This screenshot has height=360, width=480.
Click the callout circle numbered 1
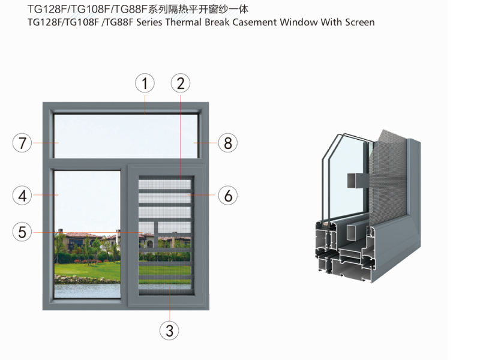click(145, 83)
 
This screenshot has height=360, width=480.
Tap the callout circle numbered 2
click(181, 83)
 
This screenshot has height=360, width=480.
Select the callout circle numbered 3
click(169, 329)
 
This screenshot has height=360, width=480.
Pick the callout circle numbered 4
click(22, 195)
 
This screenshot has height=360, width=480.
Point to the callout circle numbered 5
click(22, 232)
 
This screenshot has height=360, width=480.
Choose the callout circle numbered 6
click(227, 195)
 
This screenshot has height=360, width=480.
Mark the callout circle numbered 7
click(22, 143)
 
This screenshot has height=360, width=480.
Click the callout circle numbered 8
click(227, 143)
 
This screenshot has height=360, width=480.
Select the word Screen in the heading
click(358, 22)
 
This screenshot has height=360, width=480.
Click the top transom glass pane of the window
click(126, 136)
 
